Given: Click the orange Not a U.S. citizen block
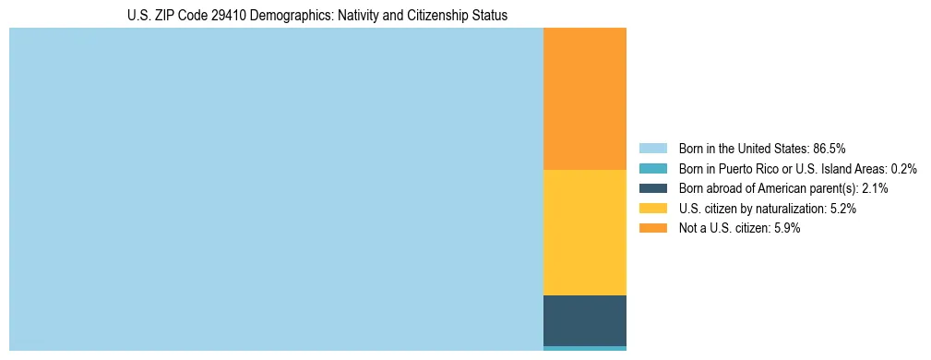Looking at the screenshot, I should (584, 99).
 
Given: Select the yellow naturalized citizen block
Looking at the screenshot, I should (584, 232).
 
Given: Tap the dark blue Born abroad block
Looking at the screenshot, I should (584, 320).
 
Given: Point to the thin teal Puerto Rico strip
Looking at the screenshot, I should (584, 348).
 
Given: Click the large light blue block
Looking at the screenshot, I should (276, 189).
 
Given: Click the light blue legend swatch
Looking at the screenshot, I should (652, 148).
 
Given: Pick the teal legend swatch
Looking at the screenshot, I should (652, 168).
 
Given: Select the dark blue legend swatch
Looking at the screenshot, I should (652, 188).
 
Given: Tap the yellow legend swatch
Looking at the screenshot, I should (652, 209).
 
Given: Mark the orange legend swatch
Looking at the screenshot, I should (652, 228).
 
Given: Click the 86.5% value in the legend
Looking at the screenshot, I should (829, 148).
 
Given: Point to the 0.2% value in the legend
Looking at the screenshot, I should (904, 168).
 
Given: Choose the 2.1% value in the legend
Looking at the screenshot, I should (875, 188).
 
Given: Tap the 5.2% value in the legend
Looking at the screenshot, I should (843, 209).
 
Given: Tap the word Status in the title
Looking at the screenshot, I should (490, 16).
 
